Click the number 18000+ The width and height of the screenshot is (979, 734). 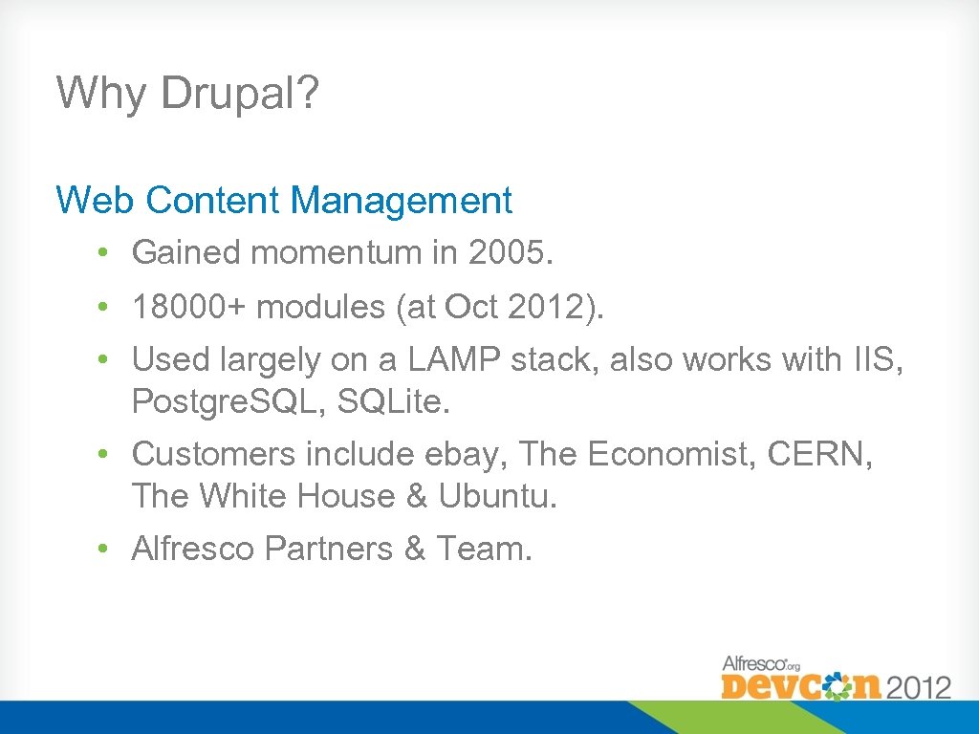[x=189, y=308]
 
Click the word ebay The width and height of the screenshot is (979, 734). [x=469, y=454]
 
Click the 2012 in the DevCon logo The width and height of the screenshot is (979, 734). [x=919, y=685]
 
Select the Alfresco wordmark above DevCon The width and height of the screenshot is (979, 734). [x=756, y=662]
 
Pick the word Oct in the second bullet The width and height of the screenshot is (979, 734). [x=471, y=308]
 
